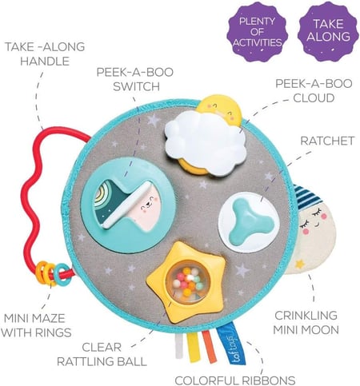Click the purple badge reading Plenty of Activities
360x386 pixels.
[257, 32]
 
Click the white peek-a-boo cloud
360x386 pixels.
[206, 143]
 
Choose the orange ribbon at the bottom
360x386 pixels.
[209, 347]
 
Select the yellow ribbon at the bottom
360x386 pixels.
[194, 347]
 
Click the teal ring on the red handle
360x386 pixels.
[62, 275]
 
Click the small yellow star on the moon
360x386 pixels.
[300, 264]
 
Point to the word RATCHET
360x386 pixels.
[327, 141]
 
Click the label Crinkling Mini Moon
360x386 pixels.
[306, 323]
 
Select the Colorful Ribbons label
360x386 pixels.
[235, 380]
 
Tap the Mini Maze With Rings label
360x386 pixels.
[36, 325]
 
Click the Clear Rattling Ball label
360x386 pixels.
[102, 355]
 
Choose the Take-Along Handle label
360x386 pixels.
[45, 54]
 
